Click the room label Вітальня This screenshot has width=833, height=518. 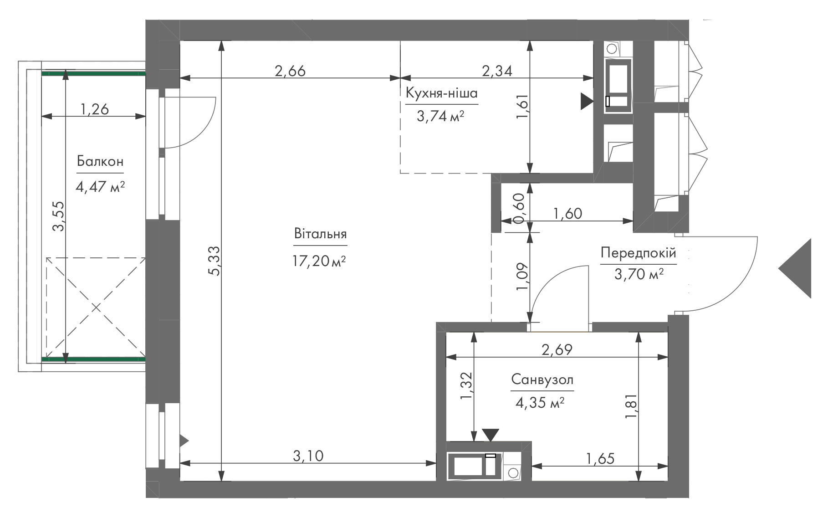320,235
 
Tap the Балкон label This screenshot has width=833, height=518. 100,162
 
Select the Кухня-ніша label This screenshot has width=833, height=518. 442,94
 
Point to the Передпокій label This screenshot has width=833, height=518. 638,253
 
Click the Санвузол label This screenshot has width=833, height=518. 542,380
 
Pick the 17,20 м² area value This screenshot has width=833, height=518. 319,261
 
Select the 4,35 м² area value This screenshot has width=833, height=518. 540,403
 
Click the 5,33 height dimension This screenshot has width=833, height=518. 214,261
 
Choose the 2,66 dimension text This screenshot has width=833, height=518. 290,71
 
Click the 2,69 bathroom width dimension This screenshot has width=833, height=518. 557,349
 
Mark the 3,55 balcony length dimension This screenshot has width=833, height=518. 58,216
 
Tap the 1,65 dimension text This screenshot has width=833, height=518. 599,458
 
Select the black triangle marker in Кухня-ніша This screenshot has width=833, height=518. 587,102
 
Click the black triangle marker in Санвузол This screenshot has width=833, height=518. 491,435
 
